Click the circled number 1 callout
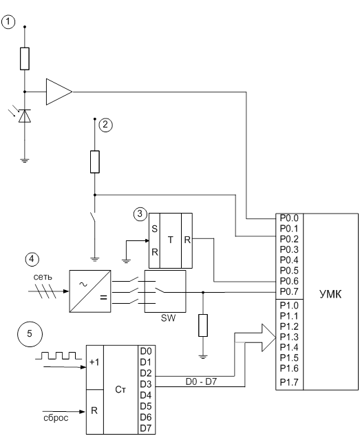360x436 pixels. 8,22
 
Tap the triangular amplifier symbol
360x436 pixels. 59,92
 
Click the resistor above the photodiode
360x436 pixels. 25,59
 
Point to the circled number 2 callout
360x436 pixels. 105,125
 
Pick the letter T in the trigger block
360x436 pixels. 171,240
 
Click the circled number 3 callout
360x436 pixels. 140,214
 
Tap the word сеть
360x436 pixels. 43,277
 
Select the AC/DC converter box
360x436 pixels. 90,291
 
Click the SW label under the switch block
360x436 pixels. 169,318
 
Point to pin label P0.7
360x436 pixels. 289,291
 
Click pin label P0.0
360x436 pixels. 289,218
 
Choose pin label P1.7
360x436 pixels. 289,382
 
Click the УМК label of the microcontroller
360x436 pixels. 330,294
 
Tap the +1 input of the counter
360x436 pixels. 94,362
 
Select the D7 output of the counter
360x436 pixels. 146,428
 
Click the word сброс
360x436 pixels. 56,418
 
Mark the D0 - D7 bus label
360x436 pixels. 201,382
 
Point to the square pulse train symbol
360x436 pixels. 59,355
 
